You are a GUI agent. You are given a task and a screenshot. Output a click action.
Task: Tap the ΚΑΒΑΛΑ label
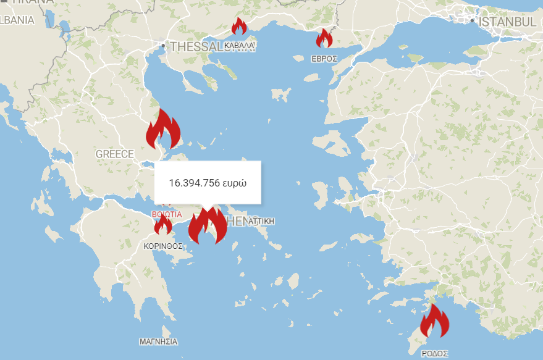click(x=240, y=46)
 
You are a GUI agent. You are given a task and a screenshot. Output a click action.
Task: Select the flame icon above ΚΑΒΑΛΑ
click(x=238, y=27)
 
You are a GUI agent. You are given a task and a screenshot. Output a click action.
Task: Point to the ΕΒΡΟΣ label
click(x=324, y=59)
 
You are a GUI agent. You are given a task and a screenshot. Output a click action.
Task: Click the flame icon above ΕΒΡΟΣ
click(x=324, y=38)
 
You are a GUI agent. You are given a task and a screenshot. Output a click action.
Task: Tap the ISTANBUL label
click(x=507, y=22)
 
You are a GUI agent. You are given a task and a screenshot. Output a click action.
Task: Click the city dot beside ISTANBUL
click(x=473, y=21)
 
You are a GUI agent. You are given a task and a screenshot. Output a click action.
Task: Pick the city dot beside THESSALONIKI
click(x=163, y=46)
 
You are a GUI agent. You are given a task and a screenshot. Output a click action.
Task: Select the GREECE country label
click(x=114, y=154)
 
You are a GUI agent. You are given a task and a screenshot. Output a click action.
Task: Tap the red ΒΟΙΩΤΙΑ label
click(x=166, y=214)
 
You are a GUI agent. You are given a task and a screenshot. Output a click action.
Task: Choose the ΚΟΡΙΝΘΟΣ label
click(x=163, y=246)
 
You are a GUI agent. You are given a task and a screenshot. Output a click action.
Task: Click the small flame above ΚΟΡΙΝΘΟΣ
click(x=163, y=225)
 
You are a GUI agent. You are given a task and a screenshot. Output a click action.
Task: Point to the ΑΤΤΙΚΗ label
click(x=261, y=221)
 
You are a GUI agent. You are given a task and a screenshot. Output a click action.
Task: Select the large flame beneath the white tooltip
click(x=208, y=226)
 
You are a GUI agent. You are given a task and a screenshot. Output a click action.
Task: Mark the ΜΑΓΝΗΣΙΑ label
click(x=158, y=341)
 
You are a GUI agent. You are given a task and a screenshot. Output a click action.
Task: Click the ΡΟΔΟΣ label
click(x=434, y=353)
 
